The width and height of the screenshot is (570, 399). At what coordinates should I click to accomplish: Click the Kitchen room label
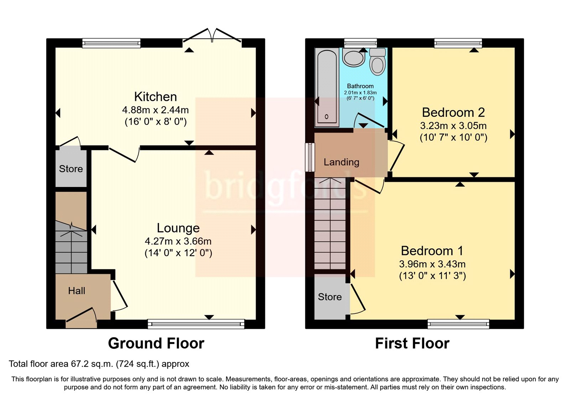pos(155,97)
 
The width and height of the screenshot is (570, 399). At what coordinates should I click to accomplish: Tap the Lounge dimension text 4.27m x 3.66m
pos(178,241)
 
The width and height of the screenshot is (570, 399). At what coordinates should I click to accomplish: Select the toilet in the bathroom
pos(377,63)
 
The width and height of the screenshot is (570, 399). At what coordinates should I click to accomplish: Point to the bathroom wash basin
pos(353,58)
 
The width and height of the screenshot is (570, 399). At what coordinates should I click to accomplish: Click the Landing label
pos(341,162)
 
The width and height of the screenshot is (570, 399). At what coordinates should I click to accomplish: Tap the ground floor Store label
pos(71,169)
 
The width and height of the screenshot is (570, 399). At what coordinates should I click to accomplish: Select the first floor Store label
pos(330,297)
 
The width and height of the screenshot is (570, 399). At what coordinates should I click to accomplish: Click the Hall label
pos(77,291)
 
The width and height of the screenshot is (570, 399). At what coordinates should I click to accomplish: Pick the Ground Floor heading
pos(156,343)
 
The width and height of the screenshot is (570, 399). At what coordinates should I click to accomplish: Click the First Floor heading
pos(412,343)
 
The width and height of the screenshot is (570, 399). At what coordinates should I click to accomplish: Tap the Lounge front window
pos(196,324)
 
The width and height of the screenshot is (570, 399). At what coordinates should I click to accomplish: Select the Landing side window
pos(310,157)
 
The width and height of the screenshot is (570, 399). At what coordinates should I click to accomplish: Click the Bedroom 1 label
pos(432,251)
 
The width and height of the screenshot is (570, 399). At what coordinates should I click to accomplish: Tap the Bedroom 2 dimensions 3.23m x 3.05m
pos(453,126)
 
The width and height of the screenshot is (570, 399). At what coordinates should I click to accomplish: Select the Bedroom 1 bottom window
pos(458,324)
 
